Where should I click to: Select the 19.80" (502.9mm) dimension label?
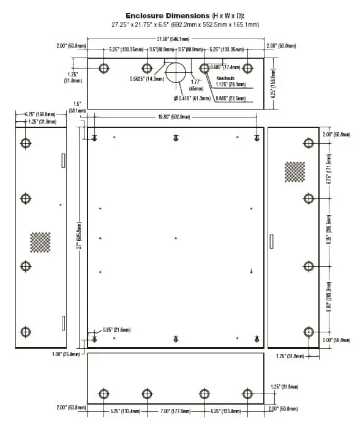tap(176, 116)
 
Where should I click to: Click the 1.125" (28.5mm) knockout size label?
tap(231, 85)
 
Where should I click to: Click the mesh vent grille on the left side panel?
tap(41, 242)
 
